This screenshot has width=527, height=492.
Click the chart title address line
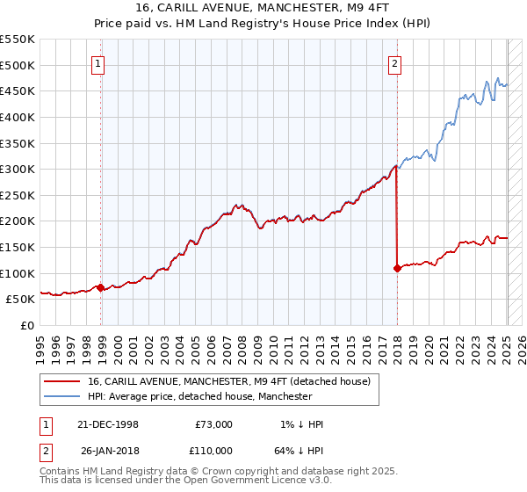click(x=263, y=8)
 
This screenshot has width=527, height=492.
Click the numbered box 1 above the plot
click(x=99, y=62)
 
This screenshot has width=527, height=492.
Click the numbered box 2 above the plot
click(x=395, y=62)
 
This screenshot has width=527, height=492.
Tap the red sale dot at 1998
click(x=101, y=286)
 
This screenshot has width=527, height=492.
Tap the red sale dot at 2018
click(x=397, y=268)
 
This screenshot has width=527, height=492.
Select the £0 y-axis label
click(x=26, y=325)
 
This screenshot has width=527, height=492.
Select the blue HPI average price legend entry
click(x=199, y=396)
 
